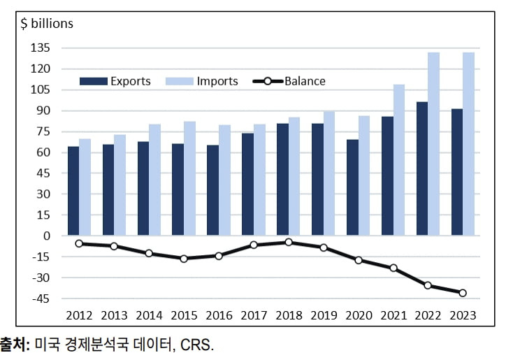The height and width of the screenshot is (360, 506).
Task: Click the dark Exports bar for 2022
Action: tap(422, 169)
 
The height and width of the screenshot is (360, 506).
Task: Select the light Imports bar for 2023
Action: tap(468, 144)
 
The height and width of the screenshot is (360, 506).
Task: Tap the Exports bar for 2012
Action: tap(73, 191)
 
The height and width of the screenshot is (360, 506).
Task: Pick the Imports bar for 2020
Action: tap(364, 176)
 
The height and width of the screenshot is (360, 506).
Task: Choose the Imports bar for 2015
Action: tap(189, 179)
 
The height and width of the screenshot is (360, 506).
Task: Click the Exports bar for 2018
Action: tap(282, 180)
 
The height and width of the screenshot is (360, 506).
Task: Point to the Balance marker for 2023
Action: tap(463, 293)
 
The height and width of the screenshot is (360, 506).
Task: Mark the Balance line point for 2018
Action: tap(288, 242)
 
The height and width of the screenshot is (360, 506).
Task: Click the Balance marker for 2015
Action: tap(184, 259)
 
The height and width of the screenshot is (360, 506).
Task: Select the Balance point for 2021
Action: tap(393, 268)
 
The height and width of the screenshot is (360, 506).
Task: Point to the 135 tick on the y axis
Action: tap(41, 48)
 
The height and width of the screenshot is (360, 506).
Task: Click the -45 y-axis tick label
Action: tap(41, 298)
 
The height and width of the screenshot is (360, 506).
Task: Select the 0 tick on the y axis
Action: tap(46, 236)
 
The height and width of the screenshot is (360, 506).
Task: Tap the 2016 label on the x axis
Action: tap(219, 315)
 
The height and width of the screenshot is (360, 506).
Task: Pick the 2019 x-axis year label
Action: tap(323, 315)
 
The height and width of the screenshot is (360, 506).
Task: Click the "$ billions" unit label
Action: tap(47, 23)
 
